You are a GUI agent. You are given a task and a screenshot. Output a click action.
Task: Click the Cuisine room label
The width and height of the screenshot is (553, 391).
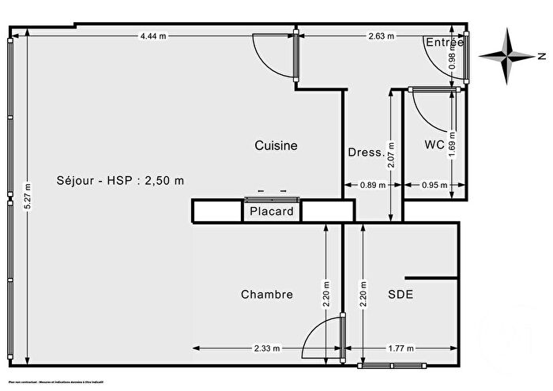point(276,145)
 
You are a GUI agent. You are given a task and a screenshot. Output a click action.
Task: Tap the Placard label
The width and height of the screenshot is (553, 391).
point(272,211)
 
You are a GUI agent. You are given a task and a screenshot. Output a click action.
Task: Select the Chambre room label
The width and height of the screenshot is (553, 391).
point(267,295)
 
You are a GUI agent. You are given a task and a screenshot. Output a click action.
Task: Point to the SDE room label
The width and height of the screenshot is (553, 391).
point(401,295)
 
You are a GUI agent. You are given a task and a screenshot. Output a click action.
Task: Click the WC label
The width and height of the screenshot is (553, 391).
point(434,145)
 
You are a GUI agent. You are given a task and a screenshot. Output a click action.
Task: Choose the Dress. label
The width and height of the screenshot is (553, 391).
point(367,152)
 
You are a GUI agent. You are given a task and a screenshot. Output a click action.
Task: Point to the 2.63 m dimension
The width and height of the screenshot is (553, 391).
point(382,36)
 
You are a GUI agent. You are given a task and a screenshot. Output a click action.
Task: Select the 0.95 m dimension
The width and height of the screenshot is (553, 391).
point(431,186)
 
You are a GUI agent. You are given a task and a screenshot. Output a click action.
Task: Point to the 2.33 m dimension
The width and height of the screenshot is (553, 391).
point(263,348)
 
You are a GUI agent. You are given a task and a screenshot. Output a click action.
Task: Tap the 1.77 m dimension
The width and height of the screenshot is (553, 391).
point(400,348)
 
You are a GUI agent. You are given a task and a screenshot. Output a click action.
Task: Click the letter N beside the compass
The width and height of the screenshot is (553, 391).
point(542,56)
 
